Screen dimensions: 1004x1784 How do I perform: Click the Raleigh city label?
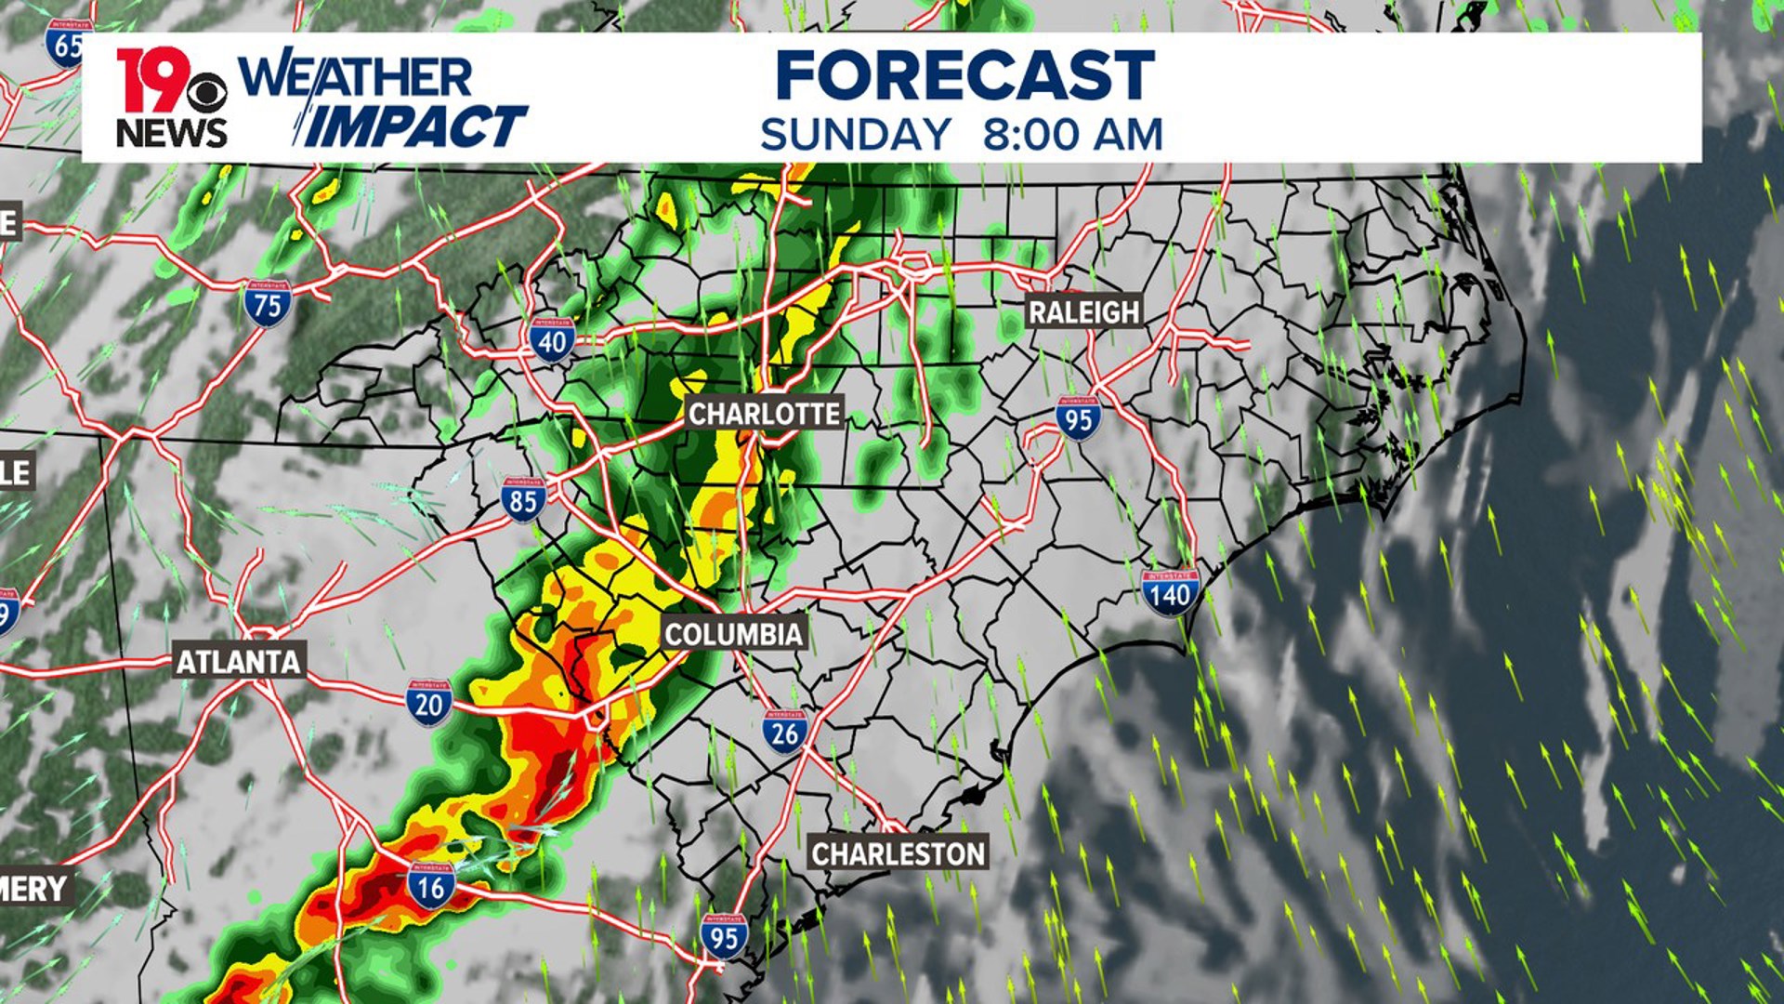coord(1083,312)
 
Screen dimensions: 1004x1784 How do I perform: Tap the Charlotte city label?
coord(764,414)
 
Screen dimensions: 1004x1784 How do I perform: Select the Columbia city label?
coord(733,635)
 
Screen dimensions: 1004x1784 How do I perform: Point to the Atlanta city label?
coord(239,662)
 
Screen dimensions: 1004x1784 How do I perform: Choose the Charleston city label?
coord(898,853)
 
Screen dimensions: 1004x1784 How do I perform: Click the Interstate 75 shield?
coord(268,304)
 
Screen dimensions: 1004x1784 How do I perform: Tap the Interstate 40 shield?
coord(552,340)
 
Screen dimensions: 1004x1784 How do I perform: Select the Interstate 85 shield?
coord(523,499)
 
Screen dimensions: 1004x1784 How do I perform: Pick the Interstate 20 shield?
coord(428,703)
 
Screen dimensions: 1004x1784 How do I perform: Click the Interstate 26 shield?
coord(785,732)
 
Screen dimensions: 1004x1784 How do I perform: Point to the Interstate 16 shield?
coord(430,886)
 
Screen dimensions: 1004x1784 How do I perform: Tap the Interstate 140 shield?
coord(1170,592)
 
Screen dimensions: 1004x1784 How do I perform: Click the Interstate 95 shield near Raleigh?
coord(1078,418)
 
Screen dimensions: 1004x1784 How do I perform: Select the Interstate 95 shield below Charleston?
coord(724,936)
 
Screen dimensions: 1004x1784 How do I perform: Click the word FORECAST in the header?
coord(964,76)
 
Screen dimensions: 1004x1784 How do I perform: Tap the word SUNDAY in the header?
coord(856,136)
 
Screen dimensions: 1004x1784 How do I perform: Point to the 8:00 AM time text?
coord(1072,136)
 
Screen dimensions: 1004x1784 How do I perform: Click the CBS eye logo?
coord(206,92)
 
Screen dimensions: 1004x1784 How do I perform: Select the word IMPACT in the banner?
coord(415,127)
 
